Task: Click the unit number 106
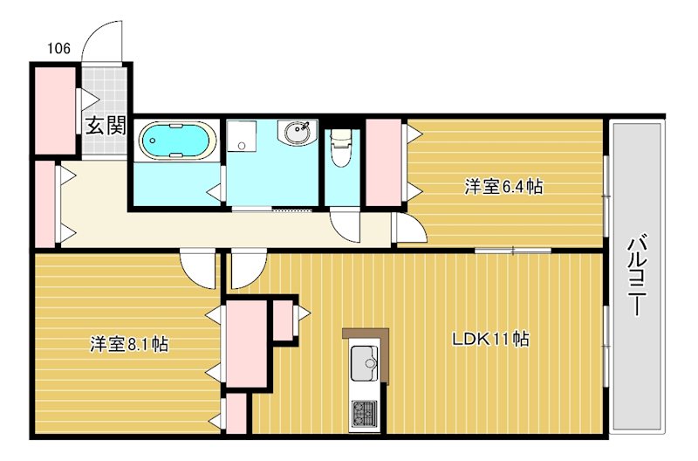pos(59,48)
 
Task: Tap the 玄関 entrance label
pos(106,126)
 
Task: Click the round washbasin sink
pos(295,134)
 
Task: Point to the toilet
pos(341,148)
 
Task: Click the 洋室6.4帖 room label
pos(503,186)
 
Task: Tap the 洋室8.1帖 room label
pos(129,343)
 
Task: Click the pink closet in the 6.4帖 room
pos(383,162)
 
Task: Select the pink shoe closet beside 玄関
pos(55,109)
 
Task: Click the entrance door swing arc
pos(103,39)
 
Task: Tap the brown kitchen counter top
pos(365,334)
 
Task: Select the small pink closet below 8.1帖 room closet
pos(235,414)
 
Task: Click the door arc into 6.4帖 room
pos(408,229)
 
